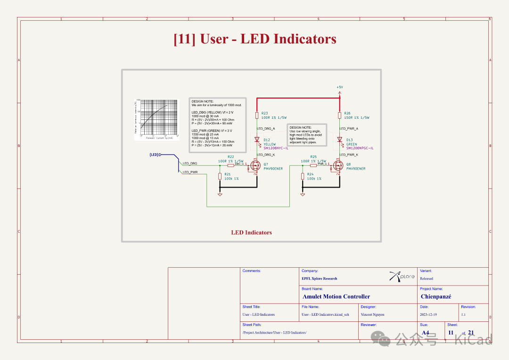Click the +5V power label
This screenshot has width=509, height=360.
[339, 88]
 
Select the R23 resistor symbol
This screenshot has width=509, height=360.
[256, 115]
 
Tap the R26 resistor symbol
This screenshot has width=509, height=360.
[339, 115]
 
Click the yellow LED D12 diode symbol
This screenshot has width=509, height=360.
[256, 139]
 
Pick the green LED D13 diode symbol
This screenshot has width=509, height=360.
[339, 139]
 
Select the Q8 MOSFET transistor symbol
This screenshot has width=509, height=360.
[338, 165]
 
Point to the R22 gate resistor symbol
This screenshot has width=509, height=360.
[231, 165]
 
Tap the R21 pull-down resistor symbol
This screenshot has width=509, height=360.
[220, 176]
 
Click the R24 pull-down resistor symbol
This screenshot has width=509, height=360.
[303, 176]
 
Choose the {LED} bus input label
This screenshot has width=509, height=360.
[154, 155]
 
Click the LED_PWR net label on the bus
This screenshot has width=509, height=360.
[190, 172]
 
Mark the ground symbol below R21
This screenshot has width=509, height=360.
[220, 194]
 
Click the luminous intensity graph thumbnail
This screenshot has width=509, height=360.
[157, 120]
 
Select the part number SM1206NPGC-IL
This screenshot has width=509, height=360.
[360, 148]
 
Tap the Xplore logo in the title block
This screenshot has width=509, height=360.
[402, 277]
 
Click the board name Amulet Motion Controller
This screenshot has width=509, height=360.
[336, 296]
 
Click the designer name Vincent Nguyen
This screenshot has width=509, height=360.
[372, 314]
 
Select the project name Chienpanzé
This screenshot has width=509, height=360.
[436, 296]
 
